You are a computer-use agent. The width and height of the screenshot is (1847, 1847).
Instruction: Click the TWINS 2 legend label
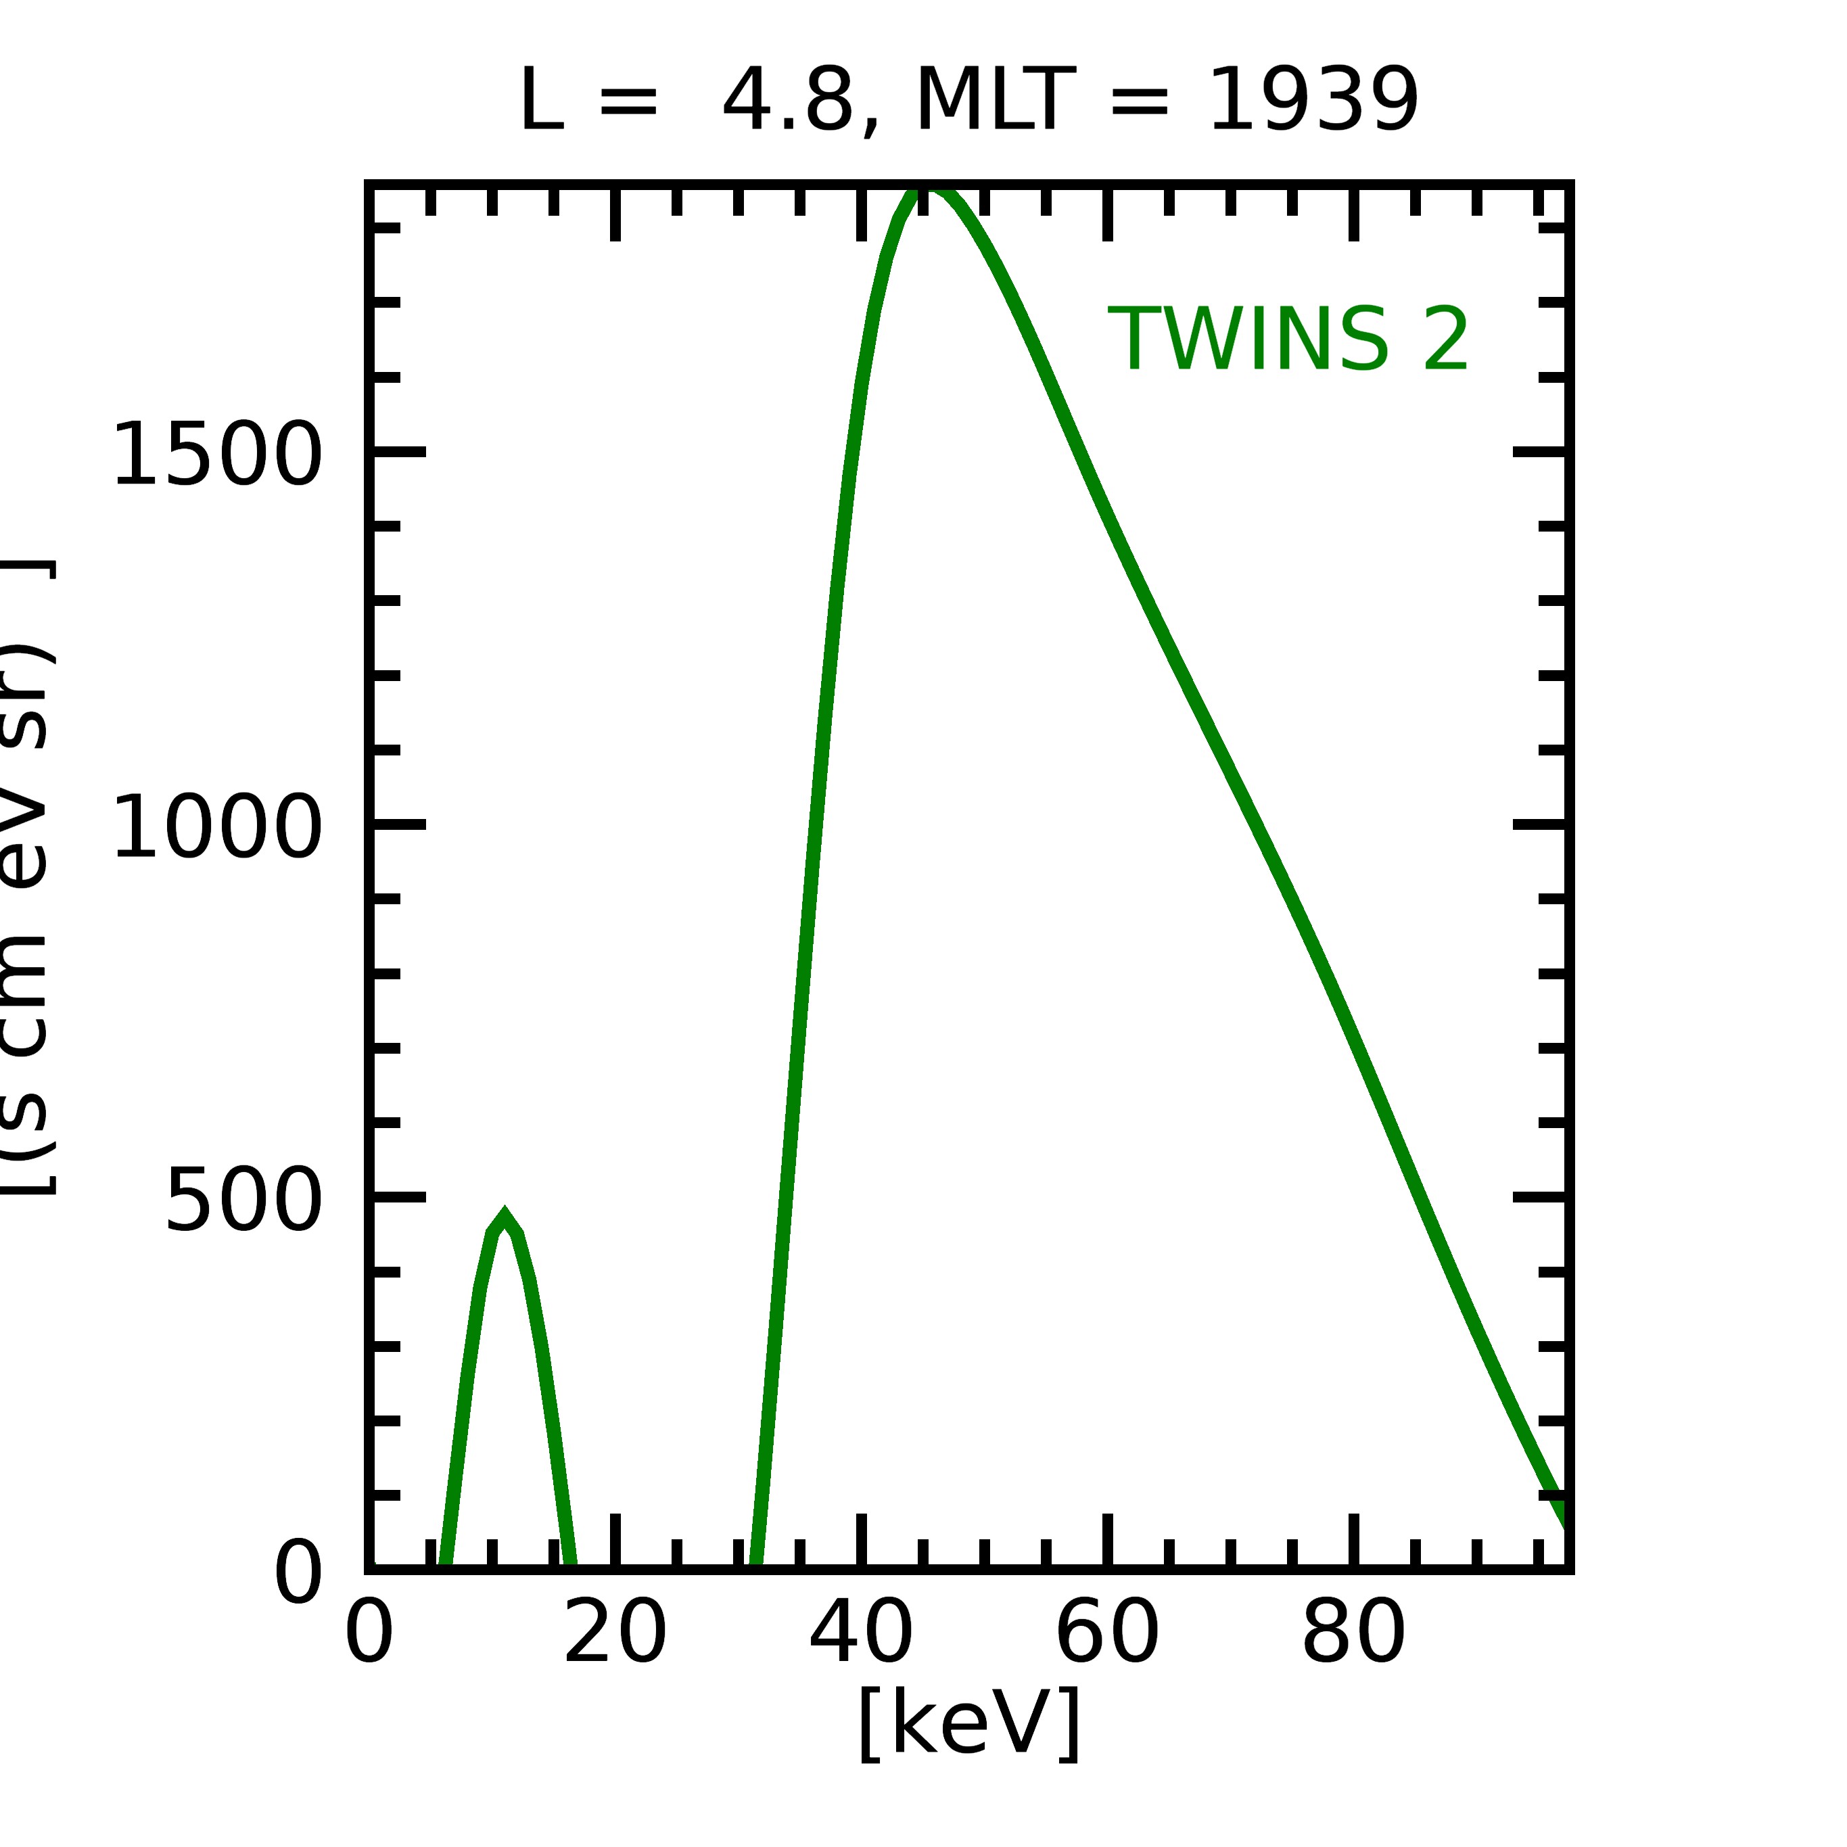[x=1287, y=340]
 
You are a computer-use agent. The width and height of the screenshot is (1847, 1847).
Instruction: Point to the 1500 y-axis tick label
[x=217, y=455]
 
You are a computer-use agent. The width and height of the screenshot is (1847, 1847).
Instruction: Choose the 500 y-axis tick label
[x=243, y=1200]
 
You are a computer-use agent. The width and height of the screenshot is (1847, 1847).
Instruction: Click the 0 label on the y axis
[x=298, y=1574]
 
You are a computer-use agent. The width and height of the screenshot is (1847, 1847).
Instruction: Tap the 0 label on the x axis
[x=369, y=1635]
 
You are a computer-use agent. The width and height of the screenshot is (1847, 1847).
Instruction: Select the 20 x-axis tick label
[x=615, y=1635]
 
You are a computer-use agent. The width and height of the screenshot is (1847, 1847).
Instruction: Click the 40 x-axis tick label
[x=862, y=1635]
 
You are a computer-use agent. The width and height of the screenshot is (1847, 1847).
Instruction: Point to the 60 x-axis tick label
[x=1107, y=1635]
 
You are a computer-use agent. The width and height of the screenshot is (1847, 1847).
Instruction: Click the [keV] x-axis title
[x=969, y=1723]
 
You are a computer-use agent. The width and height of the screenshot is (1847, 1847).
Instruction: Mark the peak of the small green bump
[x=504, y=1216]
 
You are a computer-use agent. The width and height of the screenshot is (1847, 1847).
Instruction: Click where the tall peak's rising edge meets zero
[x=756, y=1564]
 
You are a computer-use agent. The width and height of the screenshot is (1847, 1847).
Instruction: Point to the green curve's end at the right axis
[x=1564, y=1520]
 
